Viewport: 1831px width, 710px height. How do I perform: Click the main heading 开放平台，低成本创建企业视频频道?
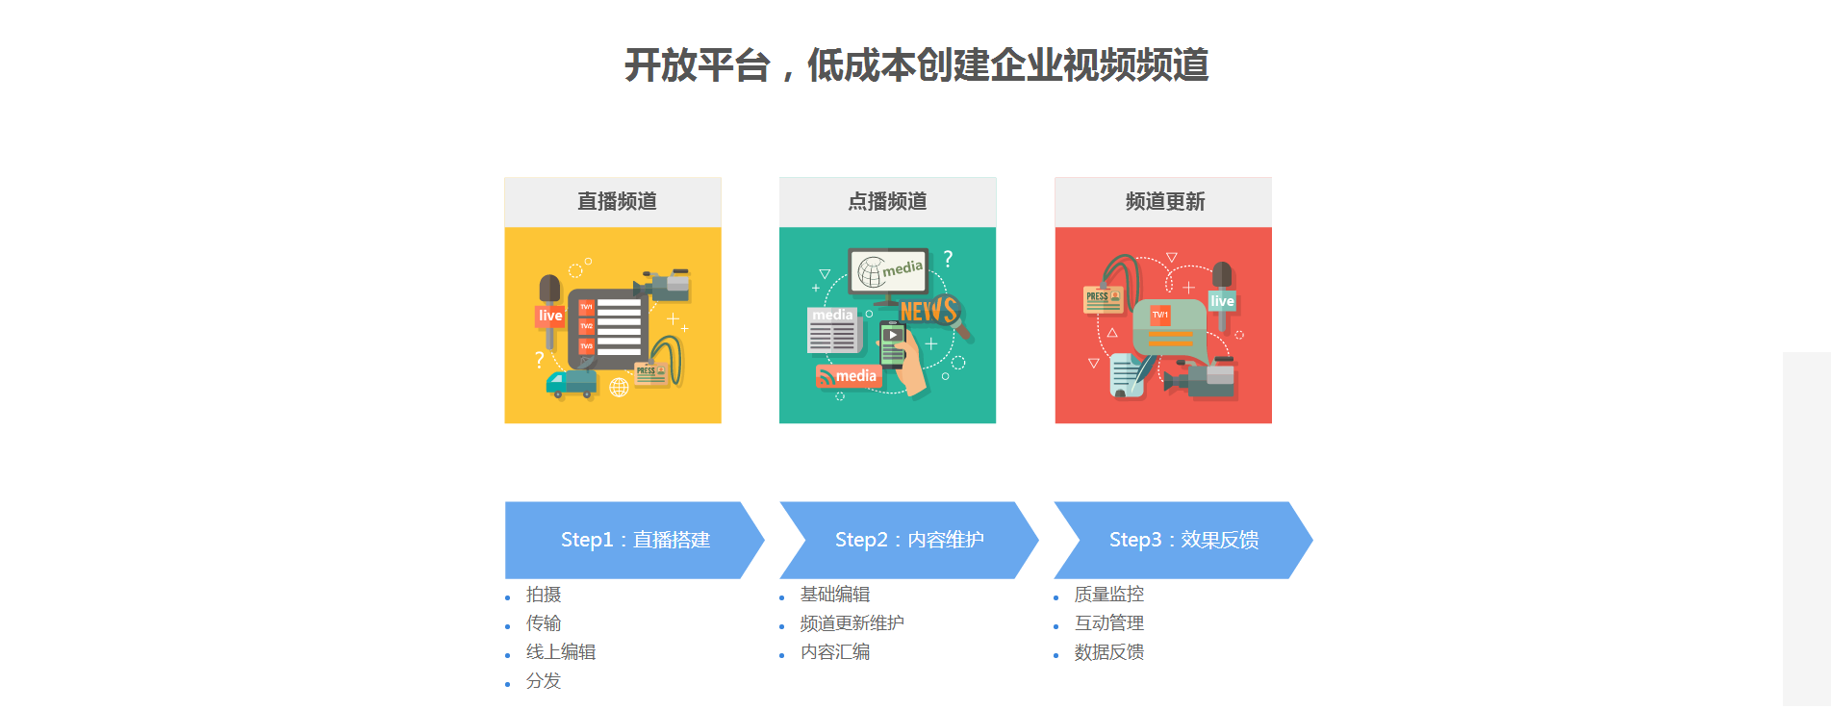tap(916, 65)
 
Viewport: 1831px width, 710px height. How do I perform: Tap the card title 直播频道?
tap(617, 201)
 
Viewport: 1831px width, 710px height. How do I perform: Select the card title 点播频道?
tap(887, 201)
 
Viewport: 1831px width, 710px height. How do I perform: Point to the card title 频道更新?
tap(1165, 201)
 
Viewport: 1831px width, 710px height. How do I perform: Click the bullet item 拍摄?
tap(544, 595)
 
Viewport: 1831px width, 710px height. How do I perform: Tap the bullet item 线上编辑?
tap(561, 652)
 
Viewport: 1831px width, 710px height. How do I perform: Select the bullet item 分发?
tap(544, 681)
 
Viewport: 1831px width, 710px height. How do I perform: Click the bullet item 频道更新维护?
tap(852, 623)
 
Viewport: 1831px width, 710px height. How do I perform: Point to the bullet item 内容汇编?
tap(835, 652)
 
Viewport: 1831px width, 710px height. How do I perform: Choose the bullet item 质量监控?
tap(1109, 595)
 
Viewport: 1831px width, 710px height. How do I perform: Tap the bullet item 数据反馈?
tap(1109, 652)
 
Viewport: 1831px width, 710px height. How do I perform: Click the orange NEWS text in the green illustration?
tap(929, 310)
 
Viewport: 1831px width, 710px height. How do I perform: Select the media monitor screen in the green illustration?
tap(888, 271)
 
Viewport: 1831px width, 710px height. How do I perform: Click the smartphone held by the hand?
tap(893, 345)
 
